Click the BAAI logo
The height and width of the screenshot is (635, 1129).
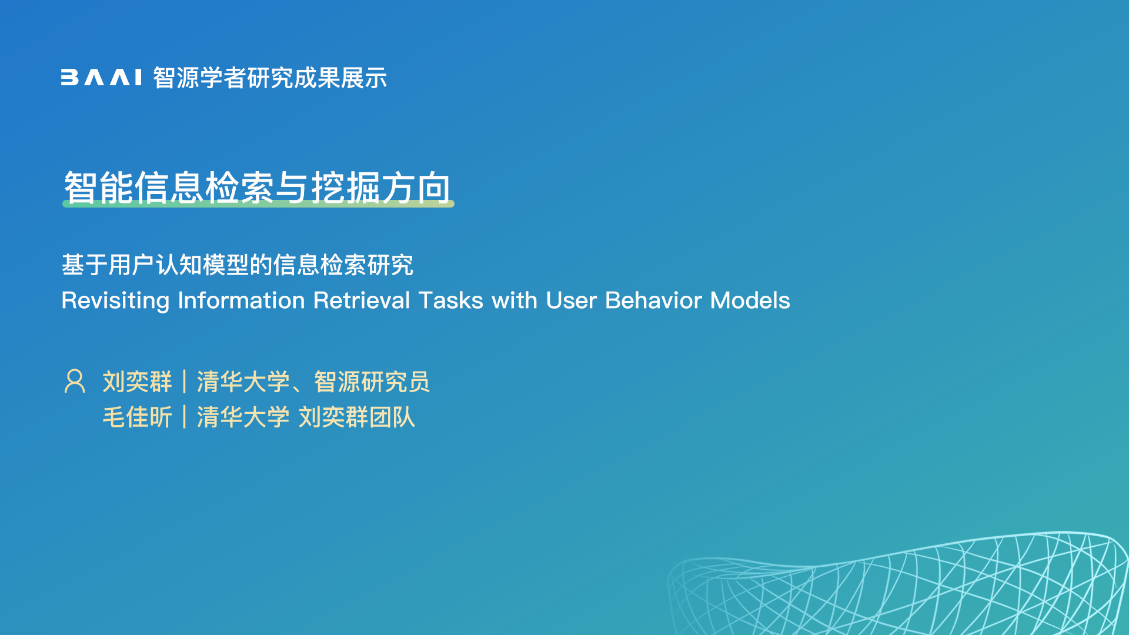(x=101, y=78)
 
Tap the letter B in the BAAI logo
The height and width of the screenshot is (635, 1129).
(x=69, y=78)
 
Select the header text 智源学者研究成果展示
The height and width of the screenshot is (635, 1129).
(x=270, y=78)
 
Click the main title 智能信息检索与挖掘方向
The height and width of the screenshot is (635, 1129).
(x=258, y=188)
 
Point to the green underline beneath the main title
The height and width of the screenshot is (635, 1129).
(x=258, y=203)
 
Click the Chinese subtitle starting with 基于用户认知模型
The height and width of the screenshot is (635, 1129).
(x=238, y=265)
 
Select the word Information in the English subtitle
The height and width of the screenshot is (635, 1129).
(x=241, y=300)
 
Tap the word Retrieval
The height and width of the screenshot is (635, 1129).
(x=362, y=300)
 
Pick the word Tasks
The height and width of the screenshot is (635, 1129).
(x=451, y=300)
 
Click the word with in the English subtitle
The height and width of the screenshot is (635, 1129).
(x=515, y=300)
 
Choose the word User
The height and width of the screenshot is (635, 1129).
(x=572, y=300)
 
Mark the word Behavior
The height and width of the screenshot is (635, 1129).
(x=654, y=300)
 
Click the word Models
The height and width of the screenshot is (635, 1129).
(x=750, y=300)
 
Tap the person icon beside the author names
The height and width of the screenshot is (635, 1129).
(x=75, y=381)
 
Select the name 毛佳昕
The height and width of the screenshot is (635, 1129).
(x=138, y=417)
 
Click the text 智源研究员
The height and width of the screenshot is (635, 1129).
(x=372, y=382)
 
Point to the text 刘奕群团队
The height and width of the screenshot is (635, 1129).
(x=357, y=417)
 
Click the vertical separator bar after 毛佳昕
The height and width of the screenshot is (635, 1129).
(x=185, y=417)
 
